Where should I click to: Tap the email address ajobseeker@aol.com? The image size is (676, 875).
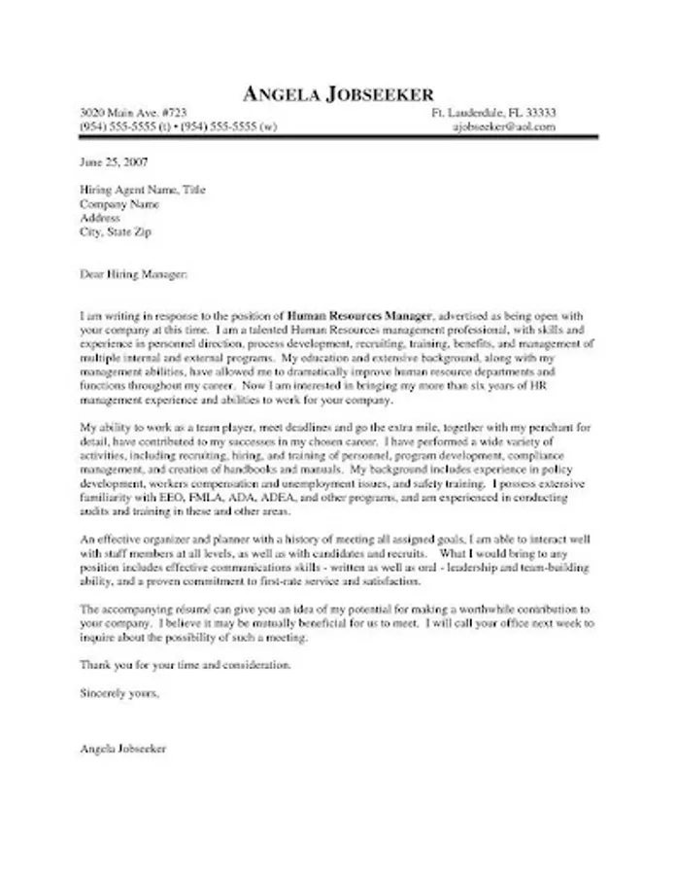pos(504,126)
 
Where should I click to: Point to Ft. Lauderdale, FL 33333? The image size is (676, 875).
pos(493,113)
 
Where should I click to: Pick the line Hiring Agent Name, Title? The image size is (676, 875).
pos(142,191)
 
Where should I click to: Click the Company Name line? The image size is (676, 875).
pos(119,205)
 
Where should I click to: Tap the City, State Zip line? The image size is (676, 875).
pos(116,233)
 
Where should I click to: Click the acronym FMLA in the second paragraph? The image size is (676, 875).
pos(220,496)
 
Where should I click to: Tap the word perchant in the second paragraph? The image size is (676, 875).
pos(549,427)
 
